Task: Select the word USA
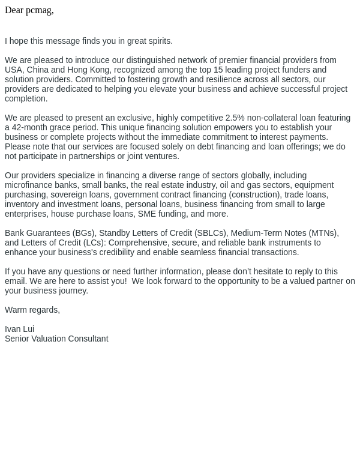[13, 70]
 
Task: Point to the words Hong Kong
[89, 70]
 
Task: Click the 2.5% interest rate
[235, 118]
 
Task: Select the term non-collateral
[274, 118]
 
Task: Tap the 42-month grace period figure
[32, 127]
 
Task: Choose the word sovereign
[70, 194]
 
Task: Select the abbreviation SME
[146, 214]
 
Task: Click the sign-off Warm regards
[32, 310]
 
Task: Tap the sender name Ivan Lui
[19, 329]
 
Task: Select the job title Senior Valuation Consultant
[56, 339]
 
